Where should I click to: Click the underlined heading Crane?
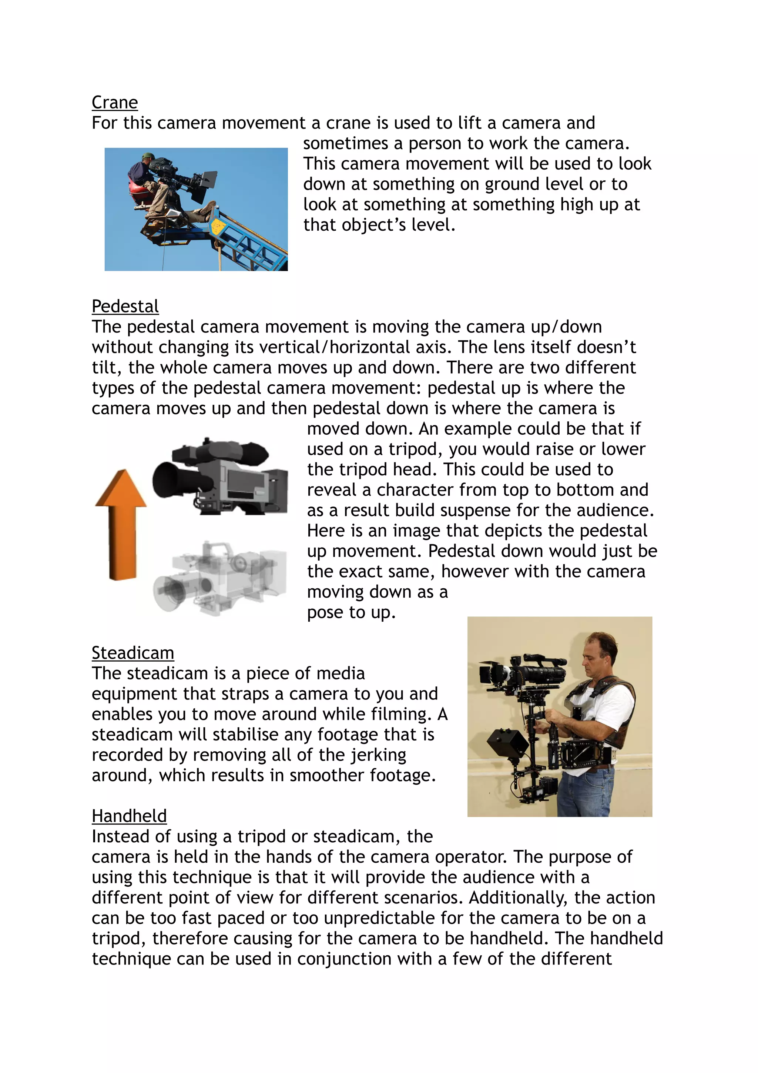pyautogui.click(x=114, y=102)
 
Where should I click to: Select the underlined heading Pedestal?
pyautogui.click(x=125, y=306)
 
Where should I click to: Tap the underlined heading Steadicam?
pyautogui.click(x=133, y=652)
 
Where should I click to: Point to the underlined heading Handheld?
pyautogui.click(x=129, y=816)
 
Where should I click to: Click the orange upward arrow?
pyautogui.click(x=121, y=524)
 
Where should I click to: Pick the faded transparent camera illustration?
pyautogui.click(x=219, y=577)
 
